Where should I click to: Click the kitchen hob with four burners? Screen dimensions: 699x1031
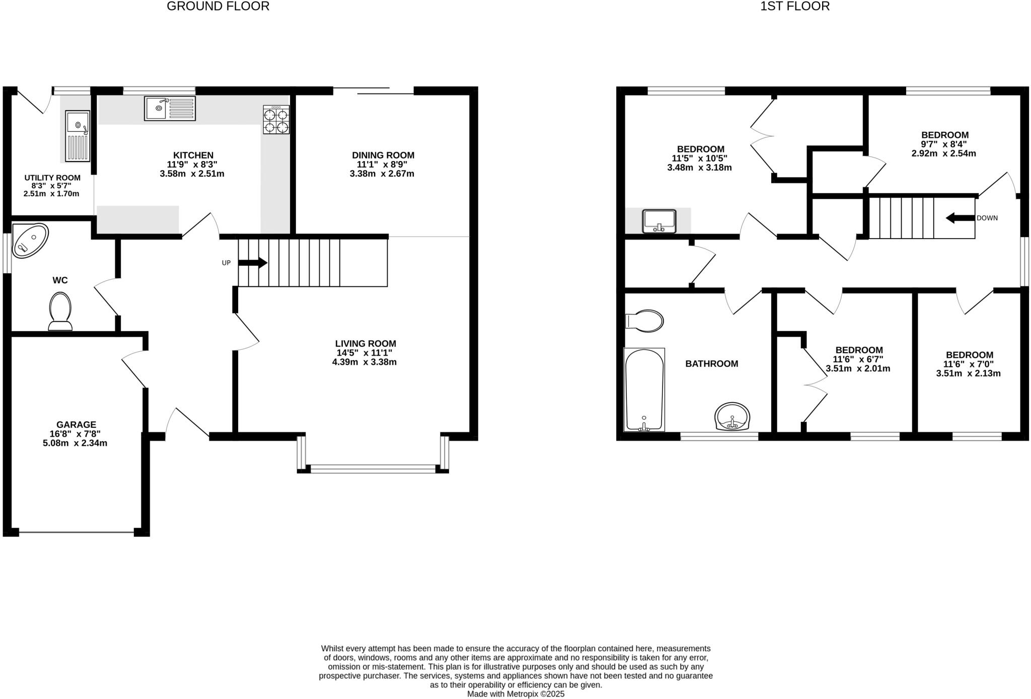coord(276,120)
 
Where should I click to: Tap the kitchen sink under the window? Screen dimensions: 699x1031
coord(170,108)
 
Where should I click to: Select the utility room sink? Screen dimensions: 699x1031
coord(78,136)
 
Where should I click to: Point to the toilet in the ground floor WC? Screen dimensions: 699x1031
coord(60,312)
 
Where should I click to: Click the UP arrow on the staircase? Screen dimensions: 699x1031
coord(253,263)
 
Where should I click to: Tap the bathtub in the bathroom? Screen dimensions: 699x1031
coord(644,390)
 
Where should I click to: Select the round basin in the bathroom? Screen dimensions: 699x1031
coord(732,417)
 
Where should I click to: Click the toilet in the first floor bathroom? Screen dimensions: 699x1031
coord(645,321)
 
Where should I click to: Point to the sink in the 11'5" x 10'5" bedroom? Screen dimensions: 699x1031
coord(659,221)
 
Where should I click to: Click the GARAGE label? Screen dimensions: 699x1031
coord(76,425)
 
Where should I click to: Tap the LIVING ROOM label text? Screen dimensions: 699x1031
coord(365,344)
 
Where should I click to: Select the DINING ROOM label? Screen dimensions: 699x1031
coord(383,155)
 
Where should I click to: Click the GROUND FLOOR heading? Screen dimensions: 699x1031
coord(218,6)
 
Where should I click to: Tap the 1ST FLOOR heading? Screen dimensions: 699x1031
coord(794,6)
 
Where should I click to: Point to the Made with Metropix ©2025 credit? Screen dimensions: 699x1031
coord(515,694)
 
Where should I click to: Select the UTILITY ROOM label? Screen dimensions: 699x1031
coord(52,178)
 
